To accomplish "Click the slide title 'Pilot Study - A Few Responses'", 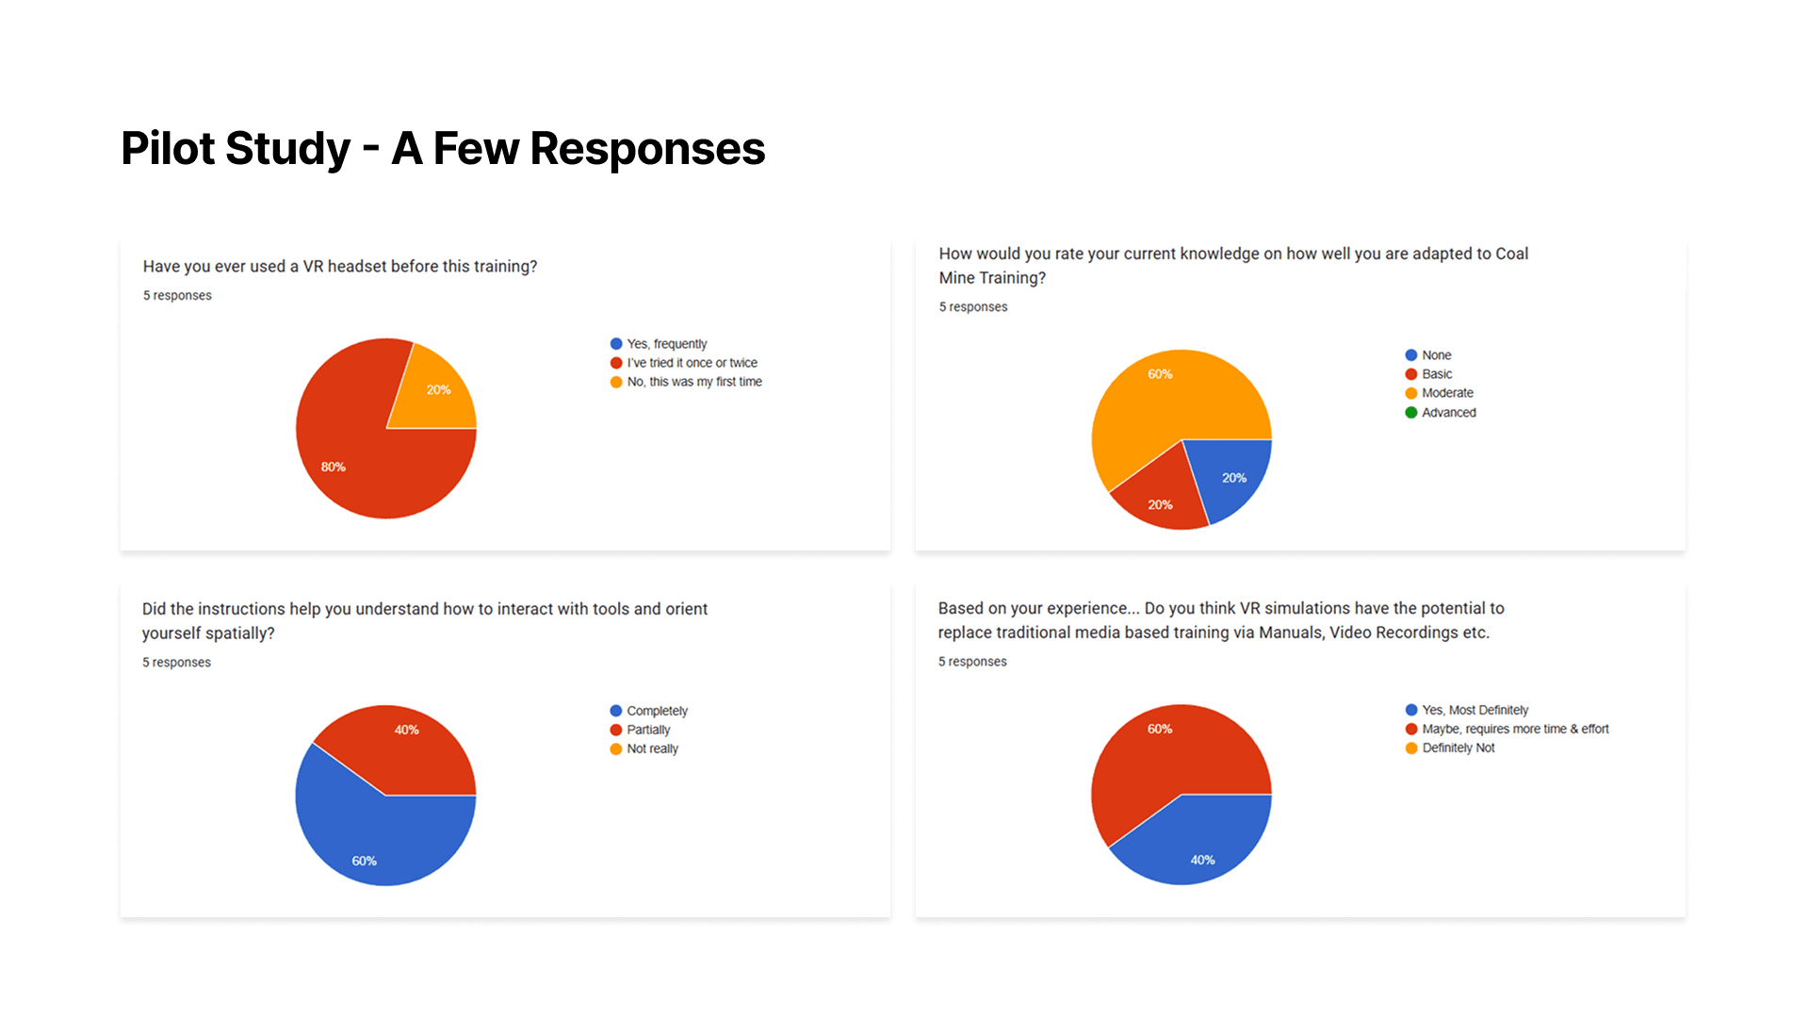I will (x=443, y=149).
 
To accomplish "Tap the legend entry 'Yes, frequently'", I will (x=666, y=344).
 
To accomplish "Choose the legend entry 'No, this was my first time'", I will (x=693, y=382).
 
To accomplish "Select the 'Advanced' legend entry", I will (x=1448, y=413).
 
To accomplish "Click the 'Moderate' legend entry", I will (x=1447, y=393).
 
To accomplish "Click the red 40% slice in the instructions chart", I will (x=405, y=745).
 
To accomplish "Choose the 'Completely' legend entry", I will (x=657, y=711).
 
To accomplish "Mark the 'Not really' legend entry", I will (x=652, y=748).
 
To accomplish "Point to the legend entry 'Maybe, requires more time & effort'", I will (x=1514, y=729).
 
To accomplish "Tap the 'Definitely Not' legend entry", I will (x=1458, y=747).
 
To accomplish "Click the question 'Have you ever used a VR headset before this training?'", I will (x=340, y=267).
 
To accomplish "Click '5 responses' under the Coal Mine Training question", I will (x=973, y=307).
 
